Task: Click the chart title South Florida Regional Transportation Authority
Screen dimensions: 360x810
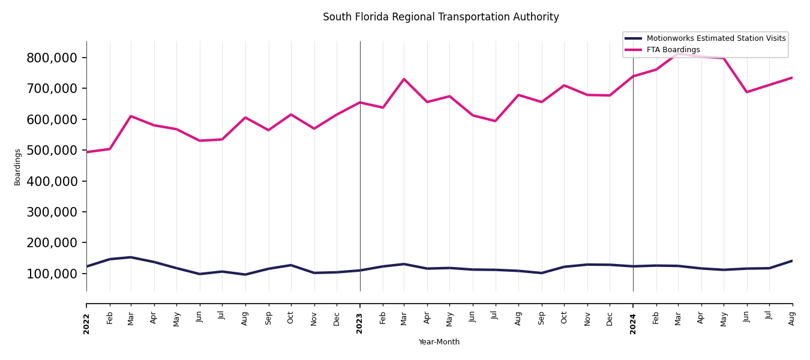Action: pyautogui.click(x=440, y=17)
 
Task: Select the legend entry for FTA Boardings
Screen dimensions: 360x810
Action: pyautogui.click(x=673, y=50)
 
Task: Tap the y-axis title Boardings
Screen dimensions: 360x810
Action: pyautogui.click(x=17, y=167)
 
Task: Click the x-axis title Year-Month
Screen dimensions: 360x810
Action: pyautogui.click(x=439, y=342)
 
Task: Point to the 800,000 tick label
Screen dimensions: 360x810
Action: pyautogui.click(x=52, y=58)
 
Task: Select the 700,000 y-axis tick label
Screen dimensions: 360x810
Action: pyautogui.click(x=52, y=88)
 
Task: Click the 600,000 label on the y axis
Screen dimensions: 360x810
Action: pyautogui.click(x=52, y=119)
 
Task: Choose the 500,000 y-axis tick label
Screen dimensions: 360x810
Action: pyautogui.click(x=52, y=150)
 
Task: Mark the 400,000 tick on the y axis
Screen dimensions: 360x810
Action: pyautogui.click(x=52, y=181)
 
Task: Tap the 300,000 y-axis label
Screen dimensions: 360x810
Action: pyautogui.click(x=52, y=212)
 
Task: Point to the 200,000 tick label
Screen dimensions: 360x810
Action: pyautogui.click(x=52, y=243)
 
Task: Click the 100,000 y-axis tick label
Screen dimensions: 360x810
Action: pyautogui.click(x=52, y=274)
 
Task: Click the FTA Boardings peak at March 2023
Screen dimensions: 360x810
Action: pyautogui.click(x=404, y=79)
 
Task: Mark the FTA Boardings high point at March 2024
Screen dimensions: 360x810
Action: pyautogui.click(x=679, y=54)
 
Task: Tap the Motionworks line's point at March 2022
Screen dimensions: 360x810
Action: pyautogui.click(x=131, y=257)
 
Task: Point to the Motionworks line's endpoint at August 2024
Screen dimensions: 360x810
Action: pyautogui.click(x=792, y=261)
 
